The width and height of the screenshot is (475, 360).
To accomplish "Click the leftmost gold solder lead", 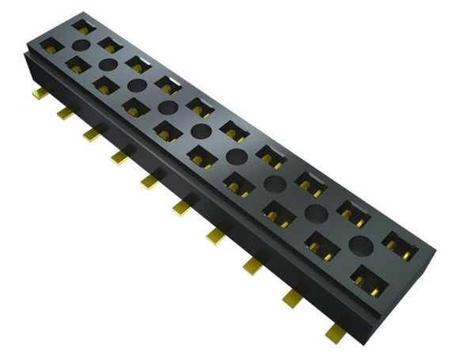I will (40, 94).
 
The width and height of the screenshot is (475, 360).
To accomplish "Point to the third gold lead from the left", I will (91, 135).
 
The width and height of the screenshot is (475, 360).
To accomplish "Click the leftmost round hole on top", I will (109, 64).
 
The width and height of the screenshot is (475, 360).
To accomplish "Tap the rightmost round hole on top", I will (361, 245).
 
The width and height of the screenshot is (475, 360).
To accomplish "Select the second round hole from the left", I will (136, 84).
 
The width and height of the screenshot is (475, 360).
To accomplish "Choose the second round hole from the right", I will (317, 212).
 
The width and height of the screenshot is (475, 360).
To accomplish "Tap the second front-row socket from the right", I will (321, 244).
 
